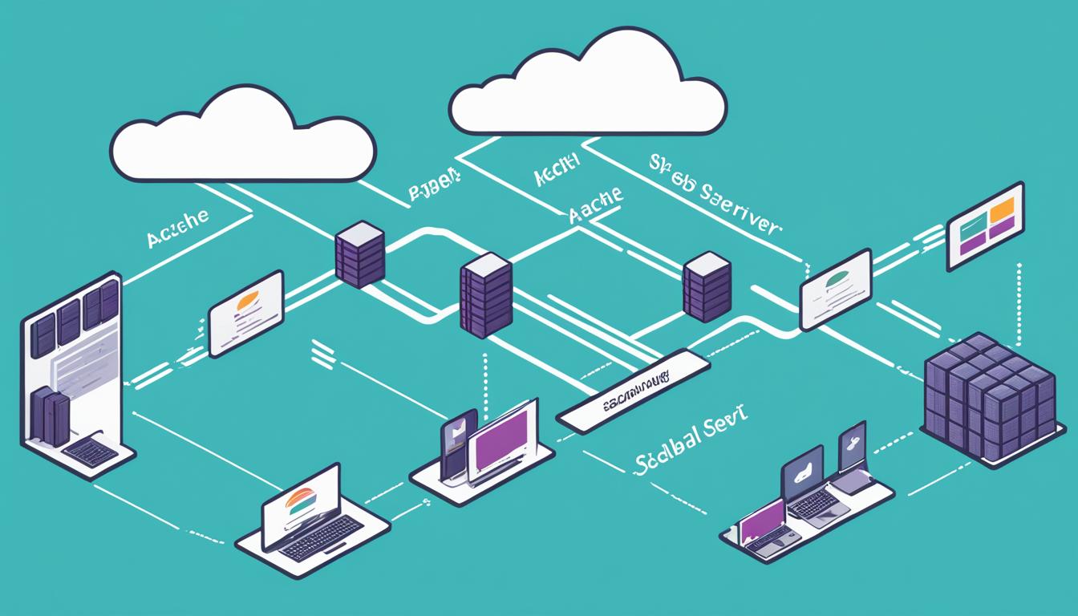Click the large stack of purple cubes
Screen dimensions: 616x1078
[989, 397]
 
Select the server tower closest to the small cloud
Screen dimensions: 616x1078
[360, 254]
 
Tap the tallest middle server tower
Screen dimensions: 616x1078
[486, 294]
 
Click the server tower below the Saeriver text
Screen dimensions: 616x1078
[707, 286]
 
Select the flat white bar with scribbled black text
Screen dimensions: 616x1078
[633, 390]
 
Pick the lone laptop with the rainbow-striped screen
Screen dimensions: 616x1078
[302, 506]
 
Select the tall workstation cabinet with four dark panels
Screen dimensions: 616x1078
[72, 369]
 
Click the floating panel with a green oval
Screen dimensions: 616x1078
[836, 288]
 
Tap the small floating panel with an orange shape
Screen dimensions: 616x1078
[245, 313]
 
